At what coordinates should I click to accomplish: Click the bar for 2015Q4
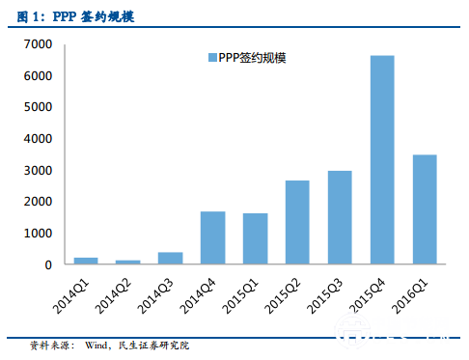[382, 159]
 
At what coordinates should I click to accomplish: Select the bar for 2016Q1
[425, 208]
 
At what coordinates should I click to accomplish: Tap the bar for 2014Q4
[212, 237]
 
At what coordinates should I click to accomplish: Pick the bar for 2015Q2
[297, 222]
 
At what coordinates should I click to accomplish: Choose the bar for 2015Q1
[255, 238]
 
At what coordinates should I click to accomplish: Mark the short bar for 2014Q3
[170, 258]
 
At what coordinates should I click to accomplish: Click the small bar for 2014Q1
[86, 261]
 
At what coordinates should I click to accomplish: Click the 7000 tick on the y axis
[38, 44]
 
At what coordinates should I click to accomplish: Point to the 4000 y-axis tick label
[38, 139]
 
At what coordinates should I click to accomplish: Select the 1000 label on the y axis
[38, 234]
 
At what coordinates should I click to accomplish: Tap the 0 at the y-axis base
[47, 264]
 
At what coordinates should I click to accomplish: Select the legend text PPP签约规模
[252, 58]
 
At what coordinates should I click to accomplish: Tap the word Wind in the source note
[98, 345]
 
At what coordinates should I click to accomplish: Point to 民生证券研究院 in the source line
[155, 345]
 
